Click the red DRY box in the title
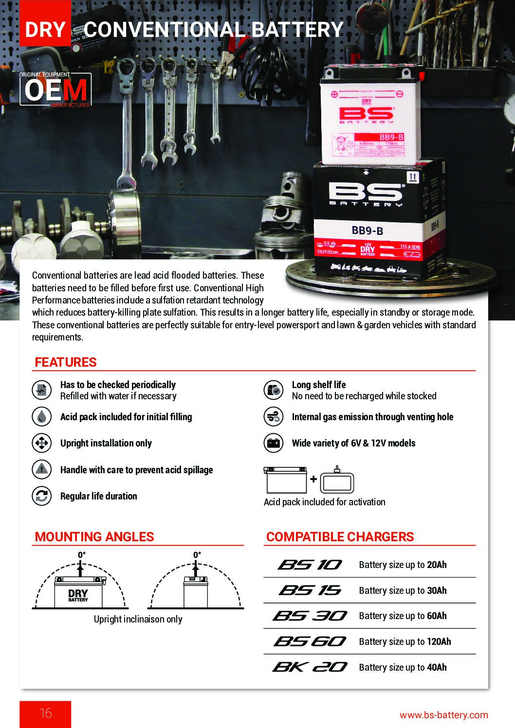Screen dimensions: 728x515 pos(45,30)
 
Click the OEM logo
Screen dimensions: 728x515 pos(55,89)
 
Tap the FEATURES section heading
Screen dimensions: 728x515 pos(66,362)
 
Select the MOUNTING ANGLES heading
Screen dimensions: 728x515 pos(94,537)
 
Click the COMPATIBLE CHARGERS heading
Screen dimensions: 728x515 pos(340,537)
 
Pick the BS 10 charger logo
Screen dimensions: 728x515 pos(310,565)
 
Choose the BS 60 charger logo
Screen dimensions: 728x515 pos(310,641)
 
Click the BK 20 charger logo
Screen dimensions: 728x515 pos(310,667)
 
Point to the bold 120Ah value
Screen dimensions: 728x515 pos(439,641)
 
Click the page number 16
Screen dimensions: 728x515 pos(45,713)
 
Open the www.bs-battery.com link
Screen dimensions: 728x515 pos(443,714)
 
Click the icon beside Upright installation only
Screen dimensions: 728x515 pos(42,443)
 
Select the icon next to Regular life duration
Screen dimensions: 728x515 pos(42,496)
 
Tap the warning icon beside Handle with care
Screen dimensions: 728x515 pos(42,470)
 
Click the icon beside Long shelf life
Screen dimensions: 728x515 pos(274,390)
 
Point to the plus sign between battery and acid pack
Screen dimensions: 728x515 pos(313,479)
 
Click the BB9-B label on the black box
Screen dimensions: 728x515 pos(368,230)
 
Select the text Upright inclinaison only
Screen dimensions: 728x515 pos(138,619)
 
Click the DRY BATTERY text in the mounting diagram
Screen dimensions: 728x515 pos(78,595)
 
